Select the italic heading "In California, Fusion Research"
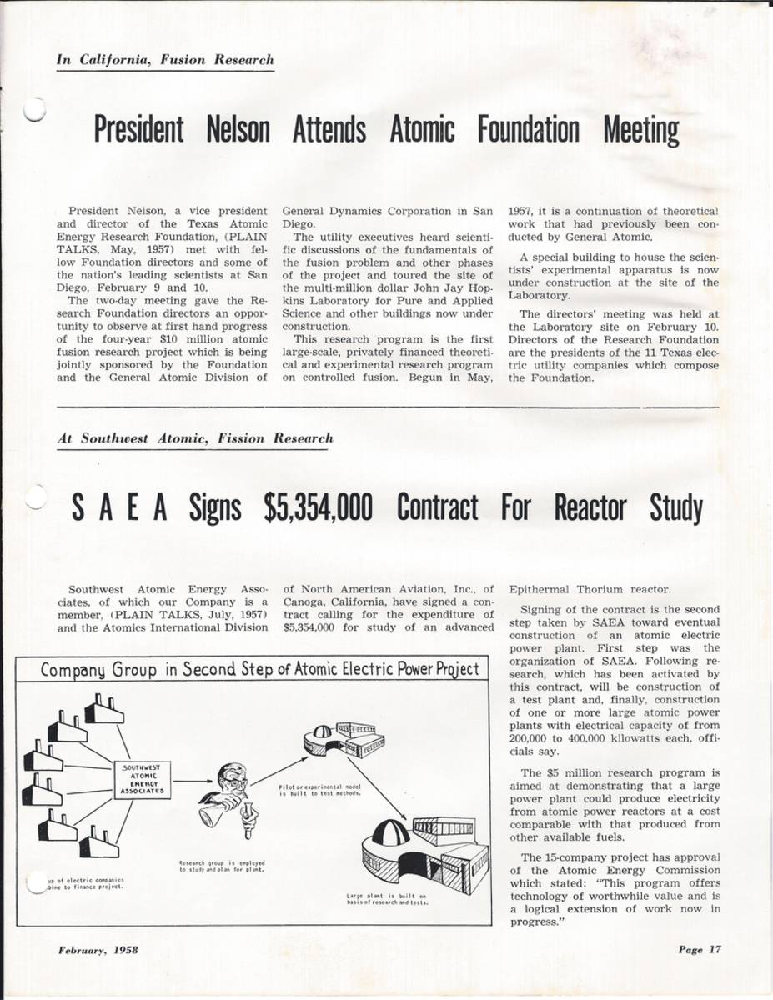click(x=165, y=60)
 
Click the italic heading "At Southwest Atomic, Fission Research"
click(x=195, y=437)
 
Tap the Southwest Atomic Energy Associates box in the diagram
click(x=143, y=777)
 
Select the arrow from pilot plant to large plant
click(x=372, y=784)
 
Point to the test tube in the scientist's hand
click(x=248, y=823)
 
